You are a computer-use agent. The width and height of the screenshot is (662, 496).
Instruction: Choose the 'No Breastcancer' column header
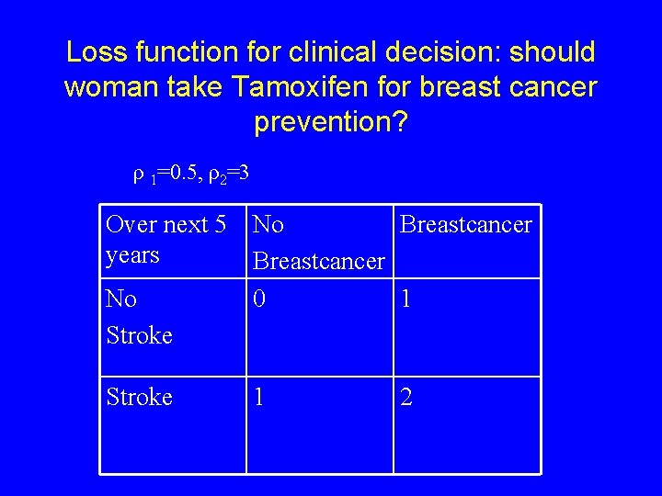(318, 243)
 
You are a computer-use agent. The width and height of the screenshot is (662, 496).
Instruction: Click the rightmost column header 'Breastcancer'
(466, 225)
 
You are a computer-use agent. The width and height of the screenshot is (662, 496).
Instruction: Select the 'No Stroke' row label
(139, 318)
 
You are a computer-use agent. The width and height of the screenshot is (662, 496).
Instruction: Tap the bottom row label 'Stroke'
(140, 397)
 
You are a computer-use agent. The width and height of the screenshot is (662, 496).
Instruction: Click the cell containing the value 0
(261, 299)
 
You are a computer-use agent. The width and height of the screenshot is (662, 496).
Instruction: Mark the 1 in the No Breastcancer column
(261, 397)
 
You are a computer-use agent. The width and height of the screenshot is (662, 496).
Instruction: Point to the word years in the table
(132, 254)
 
